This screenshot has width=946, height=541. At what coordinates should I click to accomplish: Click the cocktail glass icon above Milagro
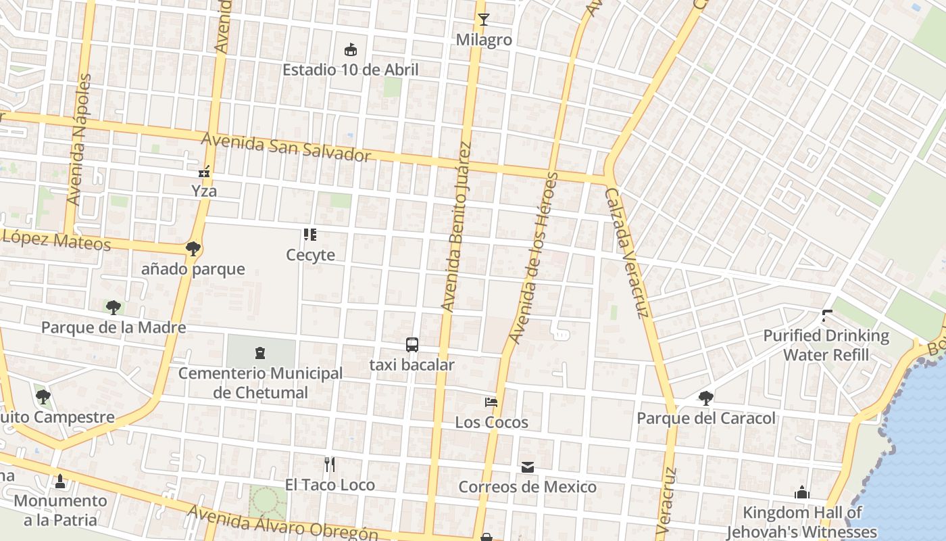pos(483,19)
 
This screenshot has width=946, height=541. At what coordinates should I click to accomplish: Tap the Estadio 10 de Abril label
pos(350,70)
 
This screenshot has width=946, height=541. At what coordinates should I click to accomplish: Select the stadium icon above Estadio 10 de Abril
pos(350,49)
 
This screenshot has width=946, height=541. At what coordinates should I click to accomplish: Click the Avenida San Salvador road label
pos(287,147)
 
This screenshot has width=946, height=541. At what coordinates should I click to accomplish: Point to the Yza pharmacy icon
pos(204,172)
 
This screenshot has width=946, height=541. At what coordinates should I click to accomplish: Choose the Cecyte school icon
pos(310,235)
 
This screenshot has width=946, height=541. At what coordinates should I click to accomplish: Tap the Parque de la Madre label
pos(114,328)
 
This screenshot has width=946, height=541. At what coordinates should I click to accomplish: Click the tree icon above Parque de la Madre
pos(114,308)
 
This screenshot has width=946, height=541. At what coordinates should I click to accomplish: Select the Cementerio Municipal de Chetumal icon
pos(260,352)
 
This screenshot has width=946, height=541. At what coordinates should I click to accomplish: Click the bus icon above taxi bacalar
pos(412,345)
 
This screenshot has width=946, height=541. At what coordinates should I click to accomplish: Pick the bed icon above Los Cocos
pos(491,402)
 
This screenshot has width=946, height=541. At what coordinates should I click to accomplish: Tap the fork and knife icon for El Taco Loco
pos(329,465)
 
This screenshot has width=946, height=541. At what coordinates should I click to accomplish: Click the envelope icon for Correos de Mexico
pos(527,467)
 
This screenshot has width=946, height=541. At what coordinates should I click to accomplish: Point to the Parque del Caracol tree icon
pos(706,398)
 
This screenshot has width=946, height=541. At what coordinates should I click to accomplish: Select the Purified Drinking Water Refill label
pos(826,345)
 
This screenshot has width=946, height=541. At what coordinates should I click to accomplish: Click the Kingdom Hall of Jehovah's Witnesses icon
pos(802,492)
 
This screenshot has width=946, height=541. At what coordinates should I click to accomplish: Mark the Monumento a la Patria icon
pos(60,481)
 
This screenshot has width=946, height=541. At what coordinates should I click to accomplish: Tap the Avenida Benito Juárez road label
pos(455,227)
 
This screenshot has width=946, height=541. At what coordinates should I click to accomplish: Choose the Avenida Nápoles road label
pos(79,140)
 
